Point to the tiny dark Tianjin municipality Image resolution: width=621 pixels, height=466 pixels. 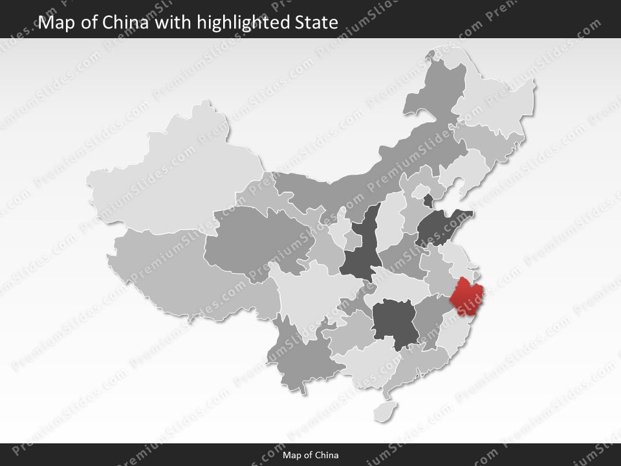pos(428,199)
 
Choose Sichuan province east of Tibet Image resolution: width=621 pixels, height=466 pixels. pos(310,291)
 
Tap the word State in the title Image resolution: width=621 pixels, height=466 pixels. pos(316,23)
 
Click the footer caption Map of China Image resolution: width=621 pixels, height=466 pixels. pos(310,455)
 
